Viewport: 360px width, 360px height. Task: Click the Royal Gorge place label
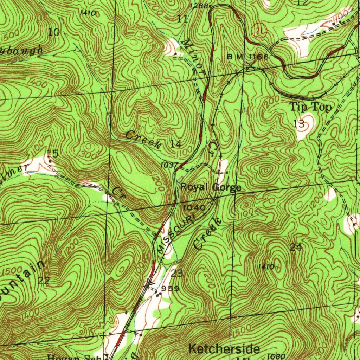coord(211,187)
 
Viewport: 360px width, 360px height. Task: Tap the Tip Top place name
coord(310,107)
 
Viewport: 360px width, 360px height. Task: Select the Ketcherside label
coord(224,349)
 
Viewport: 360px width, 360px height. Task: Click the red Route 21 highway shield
coord(260,31)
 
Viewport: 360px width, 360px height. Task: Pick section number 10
coord(54,33)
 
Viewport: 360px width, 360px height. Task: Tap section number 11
coord(182,19)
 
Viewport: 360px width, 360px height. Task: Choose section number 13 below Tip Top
coord(298,123)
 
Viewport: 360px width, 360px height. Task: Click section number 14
coord(176,143)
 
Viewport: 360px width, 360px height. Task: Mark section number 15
coord(53,154)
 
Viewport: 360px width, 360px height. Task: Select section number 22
coord(44,281)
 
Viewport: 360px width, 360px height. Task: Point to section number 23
coord(177,273)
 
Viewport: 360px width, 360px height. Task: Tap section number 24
coord(296,247)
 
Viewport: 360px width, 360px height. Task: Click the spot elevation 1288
coord(199,6)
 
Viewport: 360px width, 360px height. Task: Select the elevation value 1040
coord(194,207)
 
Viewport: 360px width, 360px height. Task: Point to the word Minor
coord(194,56)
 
